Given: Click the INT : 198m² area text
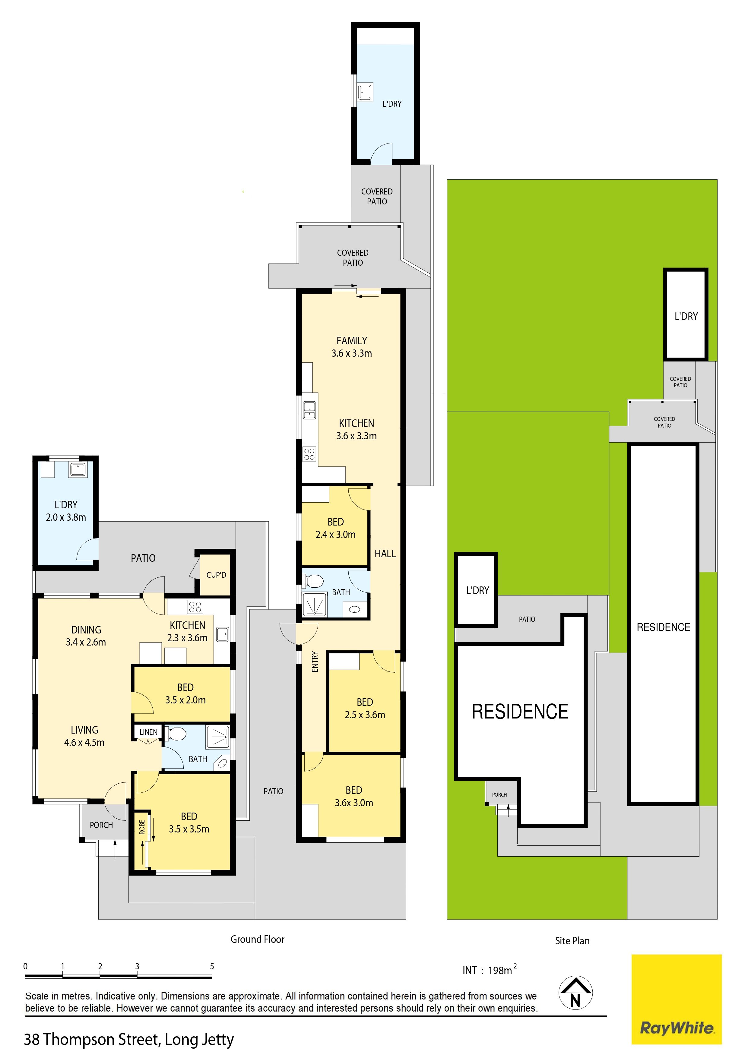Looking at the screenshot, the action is click(x=490, y=970).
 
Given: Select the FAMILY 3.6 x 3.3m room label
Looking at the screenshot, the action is click(x=352, y=347).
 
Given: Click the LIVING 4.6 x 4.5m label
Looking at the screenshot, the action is click(x=84, y=736).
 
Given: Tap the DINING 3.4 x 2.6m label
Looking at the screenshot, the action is click(x=86, y=636).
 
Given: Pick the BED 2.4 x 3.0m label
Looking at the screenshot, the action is click(x=335, y=528).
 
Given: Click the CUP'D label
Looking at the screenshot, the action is click(x=216, y=575).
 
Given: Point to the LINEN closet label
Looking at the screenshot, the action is click(x=148, y=732).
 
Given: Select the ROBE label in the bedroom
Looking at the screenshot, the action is click(x=142, y=827).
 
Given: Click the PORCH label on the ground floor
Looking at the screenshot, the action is click(x=101, y=825).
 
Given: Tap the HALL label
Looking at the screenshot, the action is click(x=385, y=554).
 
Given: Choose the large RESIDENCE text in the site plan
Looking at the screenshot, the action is click(x=520, y=712).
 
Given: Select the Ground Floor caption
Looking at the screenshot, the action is click(x=258, y=939).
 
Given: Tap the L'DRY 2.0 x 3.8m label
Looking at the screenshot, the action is click(x=66, y=510).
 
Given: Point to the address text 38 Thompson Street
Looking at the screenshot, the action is click(x=91, y=1040).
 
